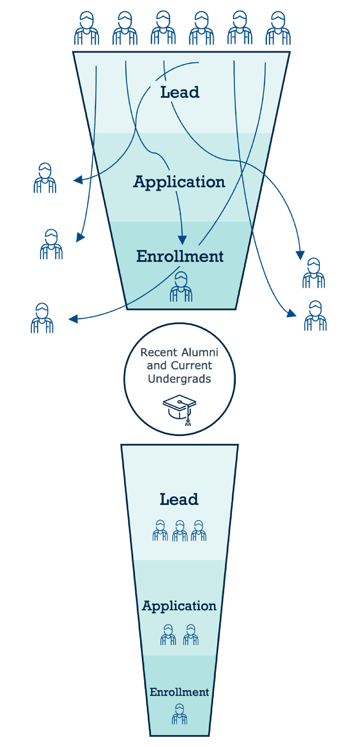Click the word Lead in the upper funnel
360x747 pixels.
pyautogui.click(x=180, y=92)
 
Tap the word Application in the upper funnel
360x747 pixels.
pyautogui.click(x=179, y=182)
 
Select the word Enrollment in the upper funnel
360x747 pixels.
pyautogui.click(x=180, y=256)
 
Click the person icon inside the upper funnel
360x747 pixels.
pyautogui.click(x=181, y=287)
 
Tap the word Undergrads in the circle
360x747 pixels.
pyautogui.click(x=180, y=379)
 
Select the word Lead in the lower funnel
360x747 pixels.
pyautogui.click(x=179, y=499)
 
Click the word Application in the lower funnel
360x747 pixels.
pyautogui.click(x=179, y=606)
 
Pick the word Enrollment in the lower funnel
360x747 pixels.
pyautogui.click(x=179, y=692)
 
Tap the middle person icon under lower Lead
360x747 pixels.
pyautogui.click(x=180, y=531)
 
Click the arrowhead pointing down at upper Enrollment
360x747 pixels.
pyautogui.click(x=182, y=240)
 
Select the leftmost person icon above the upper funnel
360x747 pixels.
pyautogui.click(x=86, y=28)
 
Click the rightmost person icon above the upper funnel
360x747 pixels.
pyautogui.click(x=278, y=28)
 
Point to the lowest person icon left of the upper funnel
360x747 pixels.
pyautogui.click(x=42, y=318)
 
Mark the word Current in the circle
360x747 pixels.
pyautogui.click(x=191, y=366)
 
